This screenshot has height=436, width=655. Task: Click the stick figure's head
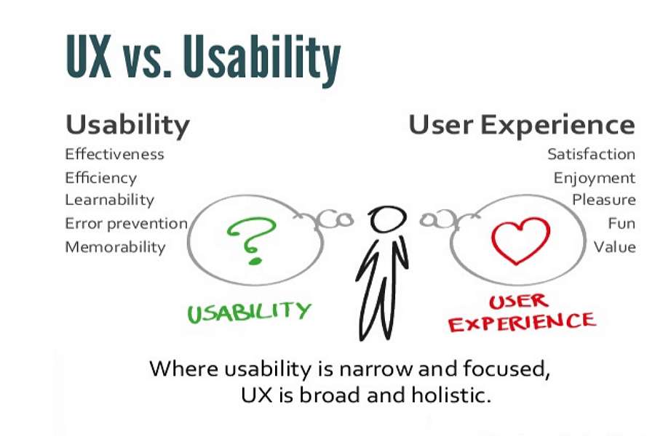pyautogui.click(x=386, y=218)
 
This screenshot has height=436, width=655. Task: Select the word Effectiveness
pyautogui.click(x=114, y=154)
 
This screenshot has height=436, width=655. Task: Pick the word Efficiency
pyautogui.click(x=100, y=177)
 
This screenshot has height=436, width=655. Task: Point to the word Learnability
pyautogui.click(x=109, y=200)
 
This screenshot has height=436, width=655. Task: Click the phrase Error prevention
pyautogui.click(x=126, y=223)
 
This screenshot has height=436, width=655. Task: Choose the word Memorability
pyautogui.click(x=115, y=246)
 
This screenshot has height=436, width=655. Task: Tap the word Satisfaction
pyautogui.click(x=591, y=154)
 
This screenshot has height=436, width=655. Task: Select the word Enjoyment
pyautogui.click(x=594, y=178)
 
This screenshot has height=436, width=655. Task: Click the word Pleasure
pyautogui.click(x=603, y=200)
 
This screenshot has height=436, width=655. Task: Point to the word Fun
pyautogui.click(x=622, y=223)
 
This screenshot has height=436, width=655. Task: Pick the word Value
pyautogui.click(x=614, y=246)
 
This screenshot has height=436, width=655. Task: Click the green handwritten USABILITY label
pyautogui.click(x=249, y=311)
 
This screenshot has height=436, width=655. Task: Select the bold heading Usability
pyautogui.click(x=127, y=124)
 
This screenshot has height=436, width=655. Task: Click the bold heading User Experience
pyautogui.click(x=521, y=124)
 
